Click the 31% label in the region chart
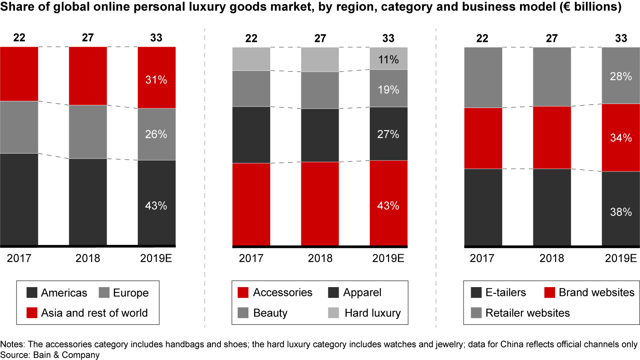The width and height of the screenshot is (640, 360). (156, 80)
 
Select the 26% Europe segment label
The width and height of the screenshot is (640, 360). (156, 134)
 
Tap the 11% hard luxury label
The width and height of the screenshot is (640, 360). (388, 59)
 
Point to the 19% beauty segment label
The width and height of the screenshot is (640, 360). (388, 89)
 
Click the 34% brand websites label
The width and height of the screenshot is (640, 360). (621, 138)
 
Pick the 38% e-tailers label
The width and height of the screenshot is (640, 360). (621, 212)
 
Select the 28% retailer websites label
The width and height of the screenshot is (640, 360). (621, 76)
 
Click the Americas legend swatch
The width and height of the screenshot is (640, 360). (32, 293)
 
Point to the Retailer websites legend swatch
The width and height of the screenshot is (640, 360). (476, 313)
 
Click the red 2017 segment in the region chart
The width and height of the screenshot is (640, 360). (19, 74)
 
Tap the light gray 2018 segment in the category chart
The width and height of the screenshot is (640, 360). (320, 59)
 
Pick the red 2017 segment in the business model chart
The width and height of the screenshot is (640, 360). (483, 138)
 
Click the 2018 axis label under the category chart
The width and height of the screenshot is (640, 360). (320, 258)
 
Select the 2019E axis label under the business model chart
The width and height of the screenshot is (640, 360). (621, 258)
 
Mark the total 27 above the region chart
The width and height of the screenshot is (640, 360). (88, 38)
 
